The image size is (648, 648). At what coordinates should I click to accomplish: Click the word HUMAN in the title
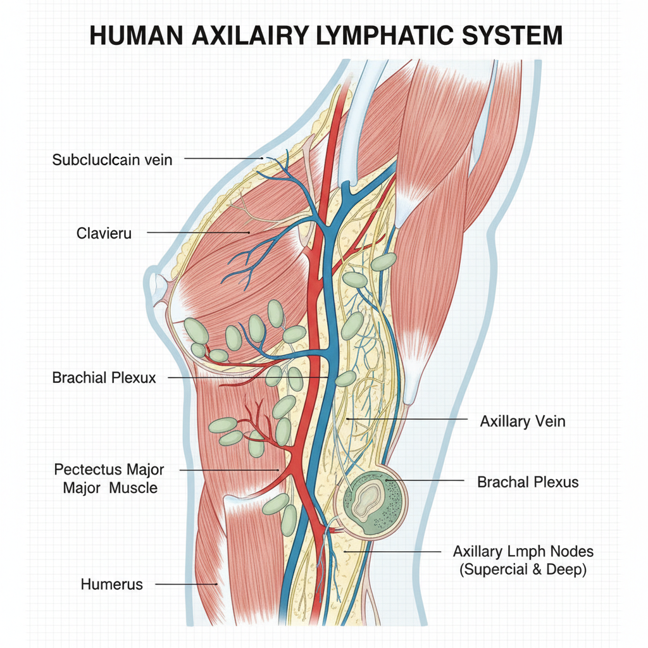(x=137, y=35)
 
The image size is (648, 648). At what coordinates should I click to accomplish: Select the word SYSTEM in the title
(x=513, y=35)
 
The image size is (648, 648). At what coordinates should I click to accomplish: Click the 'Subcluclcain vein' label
(x=112, y=160)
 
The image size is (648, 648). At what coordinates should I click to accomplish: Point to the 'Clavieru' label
(x=104, y=233)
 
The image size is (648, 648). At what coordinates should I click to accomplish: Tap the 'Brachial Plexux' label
(x=104, y=377)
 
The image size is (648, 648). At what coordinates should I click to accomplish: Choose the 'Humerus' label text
(x=111, y=584)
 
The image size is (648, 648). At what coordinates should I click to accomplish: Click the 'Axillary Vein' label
(x=523, y=421)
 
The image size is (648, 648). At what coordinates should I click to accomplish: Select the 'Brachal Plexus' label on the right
(x=528, y=482)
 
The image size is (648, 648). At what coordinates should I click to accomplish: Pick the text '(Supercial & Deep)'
(x=523, y=569)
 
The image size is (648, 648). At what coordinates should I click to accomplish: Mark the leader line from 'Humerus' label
(x=187, y=584)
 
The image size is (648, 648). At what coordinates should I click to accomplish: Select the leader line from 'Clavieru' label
(x=198, y=232)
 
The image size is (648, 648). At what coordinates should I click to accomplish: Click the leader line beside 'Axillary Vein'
(x=407, y=419)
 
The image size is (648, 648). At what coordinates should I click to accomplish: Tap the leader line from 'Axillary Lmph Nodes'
(x=392, y=551)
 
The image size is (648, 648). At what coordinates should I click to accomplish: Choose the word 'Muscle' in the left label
(x=133, y=488)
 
